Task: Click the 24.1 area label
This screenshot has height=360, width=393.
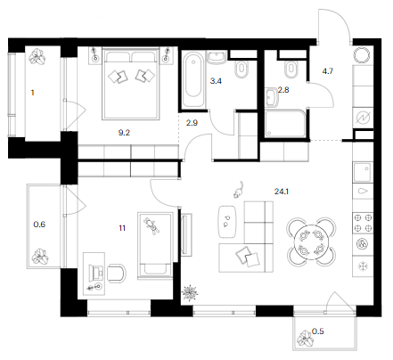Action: (x=282, y=192)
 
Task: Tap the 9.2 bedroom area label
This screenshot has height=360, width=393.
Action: (x=124, y=133)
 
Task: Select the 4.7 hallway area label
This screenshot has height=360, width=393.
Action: (x=328, y=71)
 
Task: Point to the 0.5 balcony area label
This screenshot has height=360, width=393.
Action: (x=317, y=331)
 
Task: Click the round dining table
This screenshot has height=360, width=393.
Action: (x=311, y=242)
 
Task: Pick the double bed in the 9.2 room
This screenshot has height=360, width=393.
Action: (x=131, y=84)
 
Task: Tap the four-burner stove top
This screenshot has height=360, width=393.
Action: (x=363, y=223)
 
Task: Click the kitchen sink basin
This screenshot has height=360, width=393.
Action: (x=362, y=172)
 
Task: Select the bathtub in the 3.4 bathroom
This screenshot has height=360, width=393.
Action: (x=193, y=79)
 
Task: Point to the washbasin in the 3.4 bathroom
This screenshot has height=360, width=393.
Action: (x=217, y=57)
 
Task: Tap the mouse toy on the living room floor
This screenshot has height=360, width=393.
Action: (x=239, y=190)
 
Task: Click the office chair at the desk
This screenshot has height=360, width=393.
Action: (x=117, y=274)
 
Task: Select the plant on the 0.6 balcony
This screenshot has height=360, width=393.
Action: (x=40, y=257)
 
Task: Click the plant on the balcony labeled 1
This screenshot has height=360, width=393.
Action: (x=37, y=56)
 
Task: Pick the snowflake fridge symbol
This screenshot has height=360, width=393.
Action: (x=363, y=266)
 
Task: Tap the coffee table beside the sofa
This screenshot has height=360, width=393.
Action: (x=228, y=221)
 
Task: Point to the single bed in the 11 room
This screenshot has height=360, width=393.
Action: (x=155, y=245)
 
